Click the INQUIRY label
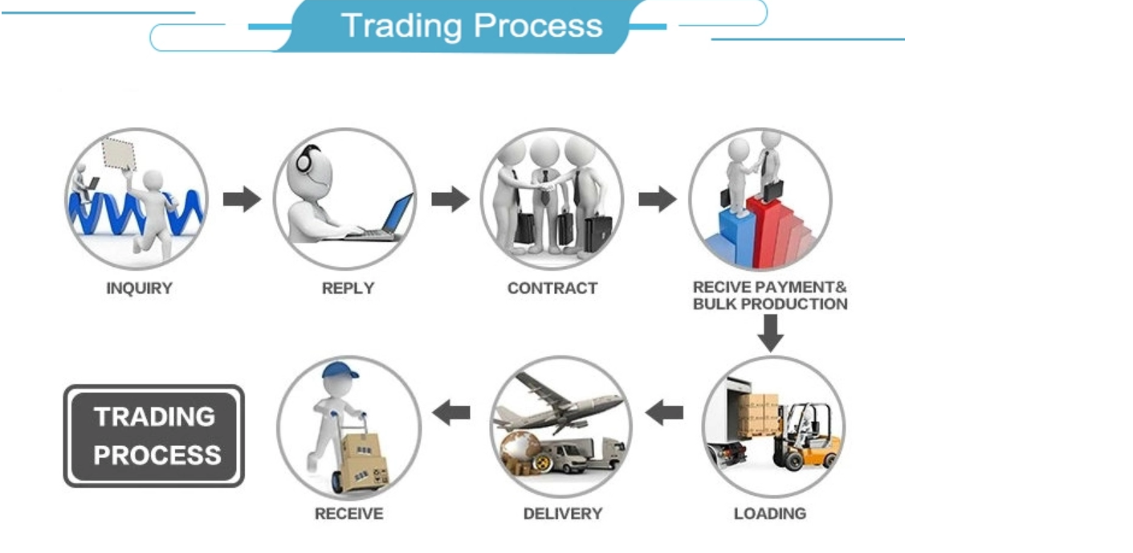(x=139, y=288)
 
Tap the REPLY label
(x=348, y=288)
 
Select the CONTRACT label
(x=552, y=288)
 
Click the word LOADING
(x=769, y=513)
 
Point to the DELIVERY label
(x=562, y=513)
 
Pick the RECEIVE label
(x=348, y=513)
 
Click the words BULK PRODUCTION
(x=769, y=304)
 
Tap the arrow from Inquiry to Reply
(x=242, y=199)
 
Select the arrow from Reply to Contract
(x=450, y=199)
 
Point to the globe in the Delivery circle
(x=519, y=450)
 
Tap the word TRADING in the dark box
(x=154, y=416)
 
